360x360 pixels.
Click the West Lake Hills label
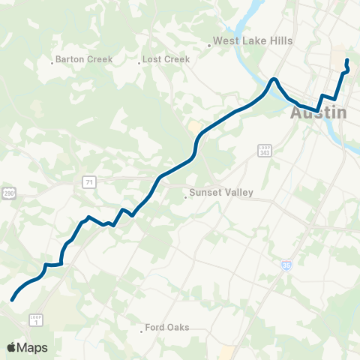(x=253, y=41)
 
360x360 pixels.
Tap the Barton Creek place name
(x=84, y=59)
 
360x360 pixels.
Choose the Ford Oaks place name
(x=167, y=328)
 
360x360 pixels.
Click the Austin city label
(x=319, y=113)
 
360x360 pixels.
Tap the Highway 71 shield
(x=89, y=182)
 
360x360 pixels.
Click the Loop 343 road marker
(x=263, y=151)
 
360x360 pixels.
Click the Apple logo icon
(x=11, y=347)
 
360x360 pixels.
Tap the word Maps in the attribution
(x=33, y=347)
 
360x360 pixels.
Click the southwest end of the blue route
(x=13, y=300)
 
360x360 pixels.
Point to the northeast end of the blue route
(x=346, y=60)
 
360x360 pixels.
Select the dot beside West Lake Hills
(x=209, y=46)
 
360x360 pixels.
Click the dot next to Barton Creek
(x=52, y=63)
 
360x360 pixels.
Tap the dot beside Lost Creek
(x=139, y=63)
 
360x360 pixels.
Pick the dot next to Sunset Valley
(x=185, y=198)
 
